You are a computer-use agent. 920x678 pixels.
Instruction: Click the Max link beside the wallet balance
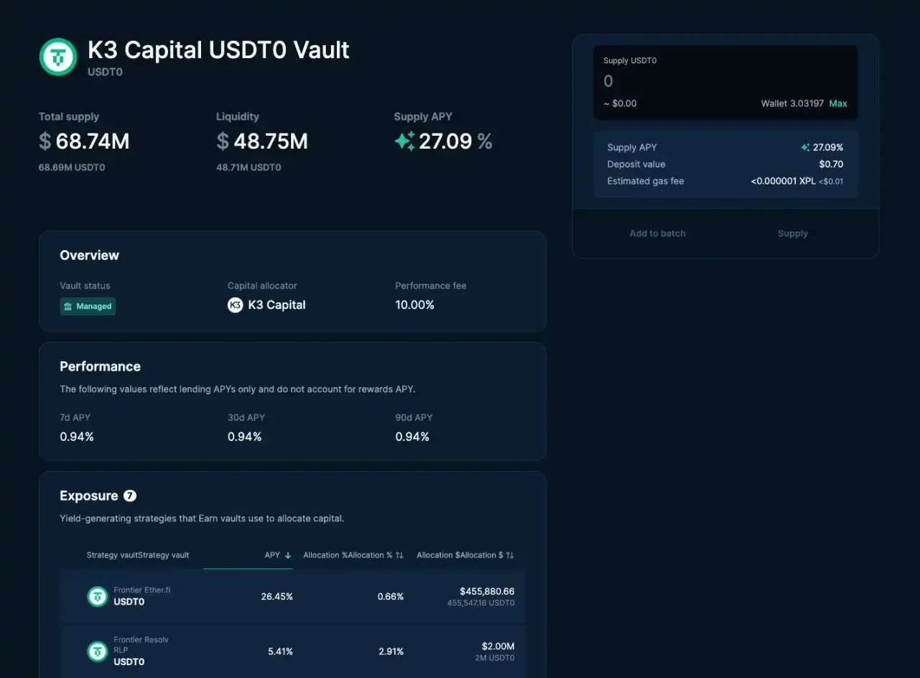tap(838, 103)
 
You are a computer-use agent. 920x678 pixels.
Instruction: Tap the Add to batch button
tap(657, 233)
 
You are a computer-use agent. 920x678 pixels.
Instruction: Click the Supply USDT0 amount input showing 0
tap(725, 81)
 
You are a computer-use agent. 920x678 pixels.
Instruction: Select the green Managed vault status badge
tap(88, 306)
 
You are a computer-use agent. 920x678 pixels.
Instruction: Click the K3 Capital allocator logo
tap(235, 305)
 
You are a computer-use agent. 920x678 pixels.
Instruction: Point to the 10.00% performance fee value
tap(414, 305)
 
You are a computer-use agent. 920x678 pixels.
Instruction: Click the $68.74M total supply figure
tap(85, 141)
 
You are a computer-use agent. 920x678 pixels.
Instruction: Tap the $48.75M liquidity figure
tap(262, 141)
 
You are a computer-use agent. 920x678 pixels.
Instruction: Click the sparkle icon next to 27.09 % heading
tap(404, 141)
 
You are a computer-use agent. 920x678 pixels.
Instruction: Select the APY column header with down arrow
tap(277, 555)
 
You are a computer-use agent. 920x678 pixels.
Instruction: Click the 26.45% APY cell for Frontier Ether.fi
tap(277, 596)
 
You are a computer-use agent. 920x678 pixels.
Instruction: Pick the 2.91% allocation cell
tap(391, 651)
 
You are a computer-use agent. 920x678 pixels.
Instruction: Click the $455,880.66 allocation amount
tap(487, 591)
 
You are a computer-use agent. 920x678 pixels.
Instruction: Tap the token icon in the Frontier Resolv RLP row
tap(98, 651)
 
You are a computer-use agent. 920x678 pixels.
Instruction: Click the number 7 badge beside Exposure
tap(130, 496)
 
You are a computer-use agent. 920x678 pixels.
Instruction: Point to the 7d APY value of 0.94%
tap(77, 437)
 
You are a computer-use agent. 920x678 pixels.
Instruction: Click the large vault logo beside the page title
tap(58, 57)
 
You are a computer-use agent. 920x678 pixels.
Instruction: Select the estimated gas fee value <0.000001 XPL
tap(783, 181)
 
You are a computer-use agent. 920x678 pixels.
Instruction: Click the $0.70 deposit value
tap(831, 164)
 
